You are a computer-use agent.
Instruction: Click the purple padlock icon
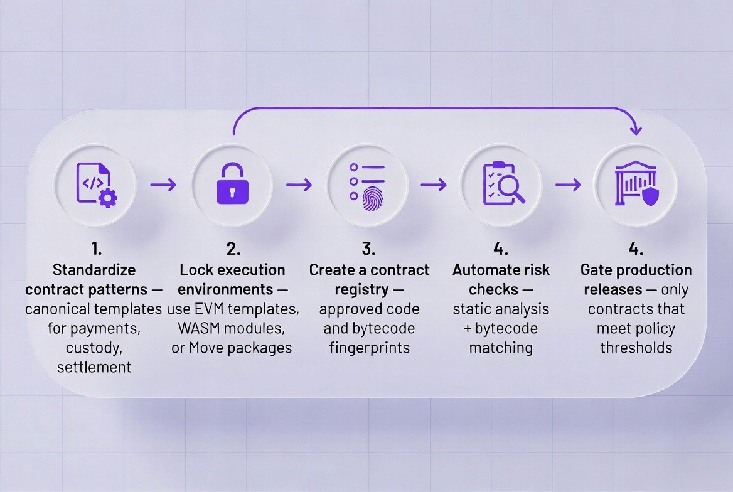coord(232,183)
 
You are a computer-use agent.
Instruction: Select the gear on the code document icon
coord(108,198)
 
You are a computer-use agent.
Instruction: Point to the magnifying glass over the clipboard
coord(510,189)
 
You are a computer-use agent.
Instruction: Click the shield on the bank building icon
coord(650,196)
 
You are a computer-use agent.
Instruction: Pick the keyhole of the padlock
coord(232,192)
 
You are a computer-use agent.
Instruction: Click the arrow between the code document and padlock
coord(163,184)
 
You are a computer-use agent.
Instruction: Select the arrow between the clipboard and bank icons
coord(568,184)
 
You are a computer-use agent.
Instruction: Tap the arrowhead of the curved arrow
coord(635,129)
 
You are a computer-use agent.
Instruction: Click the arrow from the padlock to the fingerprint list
coord(299,184)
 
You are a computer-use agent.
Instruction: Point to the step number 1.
coord(96,249)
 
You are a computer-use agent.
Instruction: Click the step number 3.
coord(368,249)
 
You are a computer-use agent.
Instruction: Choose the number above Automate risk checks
coord(501,249)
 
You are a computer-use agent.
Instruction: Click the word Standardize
coord(94,270)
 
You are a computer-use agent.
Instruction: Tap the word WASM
coord(199,328)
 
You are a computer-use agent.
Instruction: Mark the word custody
coord(94,348)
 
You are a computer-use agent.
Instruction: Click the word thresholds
coord(636,348)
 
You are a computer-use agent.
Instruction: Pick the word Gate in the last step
coord(596,270)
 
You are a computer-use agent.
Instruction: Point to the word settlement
coord(94,367)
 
